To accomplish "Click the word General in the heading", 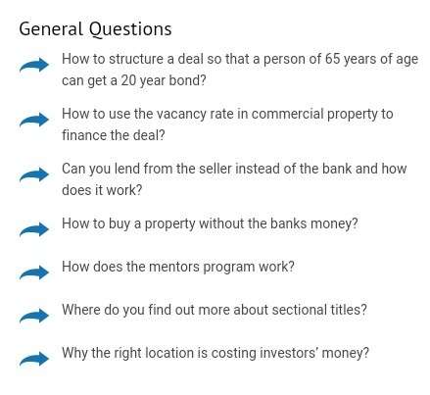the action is click(51, 28).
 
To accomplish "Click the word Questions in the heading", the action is click(130, 29).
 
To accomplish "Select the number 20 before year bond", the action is click(128, 80).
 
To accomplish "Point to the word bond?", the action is click(187, 80).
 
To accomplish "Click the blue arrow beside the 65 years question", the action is click(34, 65).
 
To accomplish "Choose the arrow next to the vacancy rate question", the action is click(34, 120).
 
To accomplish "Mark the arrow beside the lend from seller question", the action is click(34, 174).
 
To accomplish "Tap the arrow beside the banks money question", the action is click(34, 229).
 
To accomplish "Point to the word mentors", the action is click(174, 267).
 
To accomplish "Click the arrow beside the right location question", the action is click(34, 360).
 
